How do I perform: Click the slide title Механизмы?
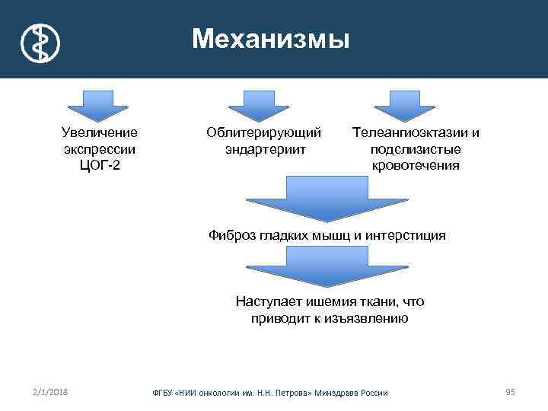[270, 38]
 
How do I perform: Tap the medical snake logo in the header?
[40, 42]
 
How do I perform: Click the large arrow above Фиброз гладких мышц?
[327, 199]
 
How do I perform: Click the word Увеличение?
[100, 132]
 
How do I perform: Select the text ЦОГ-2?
[100, 166]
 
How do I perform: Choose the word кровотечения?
[415, 166]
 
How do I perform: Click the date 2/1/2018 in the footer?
[51, 391]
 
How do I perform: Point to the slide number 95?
[510, 391]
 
